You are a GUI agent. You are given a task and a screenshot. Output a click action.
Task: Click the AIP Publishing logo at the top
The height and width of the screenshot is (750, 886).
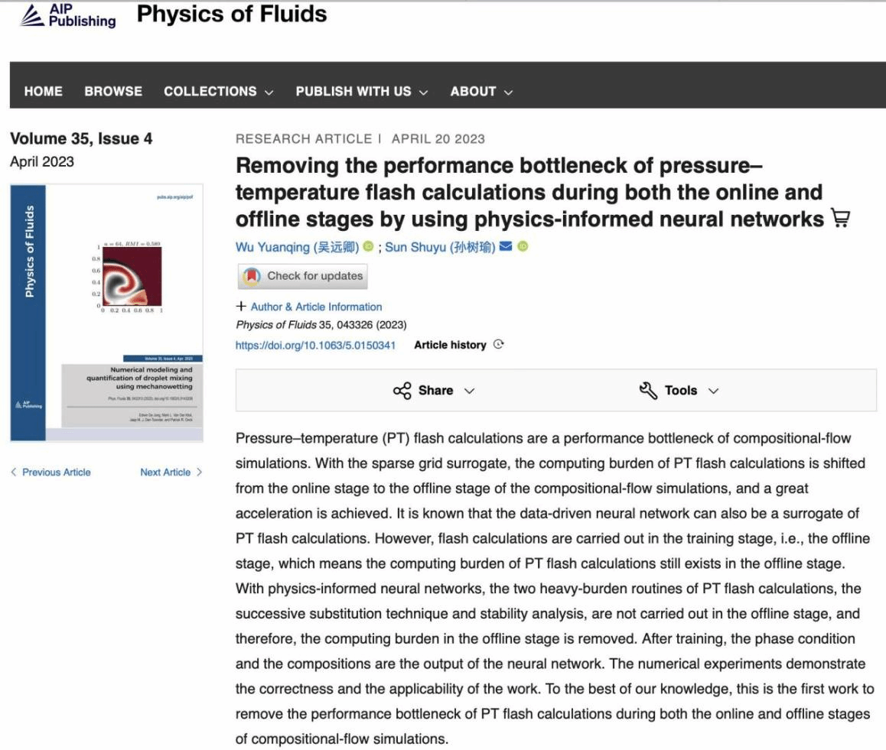67,15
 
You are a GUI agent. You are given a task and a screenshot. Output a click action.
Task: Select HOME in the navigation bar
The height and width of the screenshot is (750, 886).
44,91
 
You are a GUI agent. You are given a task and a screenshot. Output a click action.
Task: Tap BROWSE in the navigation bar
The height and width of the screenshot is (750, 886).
113,91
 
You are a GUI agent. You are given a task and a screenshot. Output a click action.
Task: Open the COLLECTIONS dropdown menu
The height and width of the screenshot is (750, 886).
218,91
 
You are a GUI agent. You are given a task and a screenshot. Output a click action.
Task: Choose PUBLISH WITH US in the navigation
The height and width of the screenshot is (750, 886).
361,91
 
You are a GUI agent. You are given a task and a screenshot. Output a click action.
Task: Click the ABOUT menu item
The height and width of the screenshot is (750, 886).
480,91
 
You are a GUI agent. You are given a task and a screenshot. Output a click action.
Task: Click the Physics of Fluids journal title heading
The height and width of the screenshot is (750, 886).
232,14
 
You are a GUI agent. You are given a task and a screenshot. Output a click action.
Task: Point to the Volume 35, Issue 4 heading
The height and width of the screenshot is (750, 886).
81,138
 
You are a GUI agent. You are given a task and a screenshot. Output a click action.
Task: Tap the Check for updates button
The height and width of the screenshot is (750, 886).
303,276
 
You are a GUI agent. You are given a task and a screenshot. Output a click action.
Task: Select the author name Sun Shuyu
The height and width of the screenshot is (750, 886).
439,247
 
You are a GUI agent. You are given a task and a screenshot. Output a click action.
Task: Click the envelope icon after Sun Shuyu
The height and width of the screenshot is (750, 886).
505,247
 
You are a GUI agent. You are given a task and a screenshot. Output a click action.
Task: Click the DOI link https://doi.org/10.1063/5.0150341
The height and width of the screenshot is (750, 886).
315,345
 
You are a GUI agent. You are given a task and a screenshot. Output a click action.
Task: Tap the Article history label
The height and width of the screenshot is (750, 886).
450,345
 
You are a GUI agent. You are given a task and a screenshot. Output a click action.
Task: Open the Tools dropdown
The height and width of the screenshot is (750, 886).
679,391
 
